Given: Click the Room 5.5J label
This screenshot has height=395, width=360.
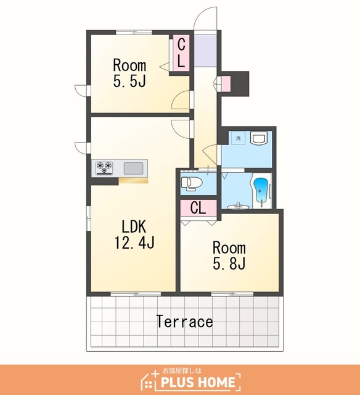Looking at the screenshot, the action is tap(129, 73).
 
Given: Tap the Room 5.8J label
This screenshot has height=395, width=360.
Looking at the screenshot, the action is tap(229, 256).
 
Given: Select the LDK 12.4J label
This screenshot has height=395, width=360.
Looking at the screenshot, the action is tap(134, 235).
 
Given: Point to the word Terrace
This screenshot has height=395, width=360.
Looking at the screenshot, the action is tap(185, 321).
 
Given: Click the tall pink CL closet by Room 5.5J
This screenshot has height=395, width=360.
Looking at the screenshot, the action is tap(181, 53).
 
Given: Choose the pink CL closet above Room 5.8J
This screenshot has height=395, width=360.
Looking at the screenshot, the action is tap(198, 208).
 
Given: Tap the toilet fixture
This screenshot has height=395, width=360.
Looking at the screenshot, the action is tap(192, 183).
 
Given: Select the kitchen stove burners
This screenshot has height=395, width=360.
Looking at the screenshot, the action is tap(104, 168).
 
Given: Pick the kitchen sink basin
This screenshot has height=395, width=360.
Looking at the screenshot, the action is tap(133, 168).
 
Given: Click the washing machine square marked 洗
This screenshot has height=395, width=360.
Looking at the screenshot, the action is tap(238, 138).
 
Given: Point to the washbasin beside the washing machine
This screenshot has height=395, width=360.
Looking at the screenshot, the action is tap(259, 138).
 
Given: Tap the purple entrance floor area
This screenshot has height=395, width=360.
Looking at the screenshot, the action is tap(205, 51).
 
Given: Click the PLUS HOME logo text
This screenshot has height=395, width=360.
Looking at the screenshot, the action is tap(198, 382).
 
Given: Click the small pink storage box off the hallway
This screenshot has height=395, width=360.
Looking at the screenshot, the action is tap(226, 84).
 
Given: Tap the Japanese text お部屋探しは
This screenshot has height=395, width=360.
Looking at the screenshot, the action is tap(182, 370).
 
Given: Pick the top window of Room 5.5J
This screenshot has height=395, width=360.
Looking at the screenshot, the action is tap(134, 32).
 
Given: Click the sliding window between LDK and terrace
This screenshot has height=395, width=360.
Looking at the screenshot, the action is tap(136, 294).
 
